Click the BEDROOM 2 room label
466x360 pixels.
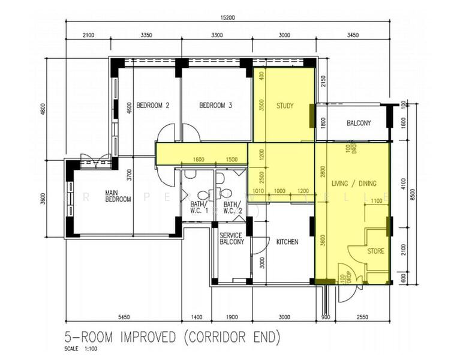click(x=153, y=106)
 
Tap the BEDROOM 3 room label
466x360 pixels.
click(x=215, y=106)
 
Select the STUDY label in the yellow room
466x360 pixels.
click(x=285, y=106)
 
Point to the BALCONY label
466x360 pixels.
click(x=359, y=124)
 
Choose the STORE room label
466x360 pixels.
click(x=375, y=251)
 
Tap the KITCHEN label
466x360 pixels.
click(x=287, y=242)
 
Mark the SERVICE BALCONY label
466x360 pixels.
click(x=232, y=239)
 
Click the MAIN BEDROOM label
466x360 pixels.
click(x=118, y=196)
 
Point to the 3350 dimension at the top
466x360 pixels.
click(x=146, y=35)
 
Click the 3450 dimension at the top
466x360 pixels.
click(x=352, y=35)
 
